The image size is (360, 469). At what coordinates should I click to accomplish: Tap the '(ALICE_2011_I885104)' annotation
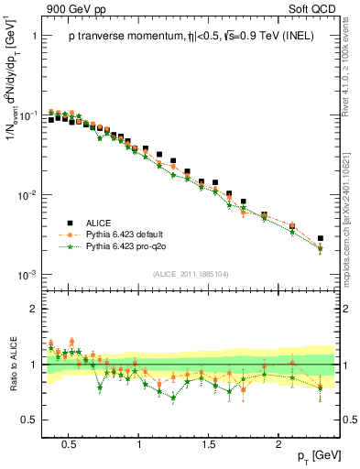(x=192, y=273)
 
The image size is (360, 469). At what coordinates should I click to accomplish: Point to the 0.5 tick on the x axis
(x=67, y=442)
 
